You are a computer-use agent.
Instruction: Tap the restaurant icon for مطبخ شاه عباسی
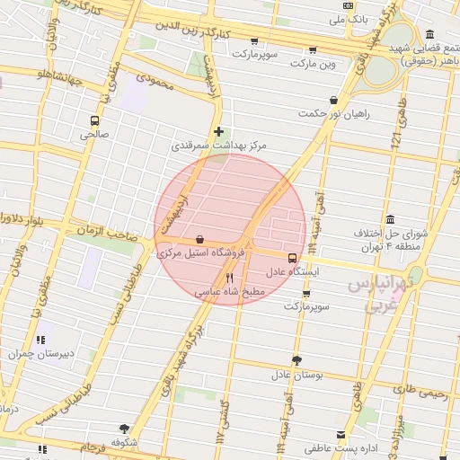click(229, 278)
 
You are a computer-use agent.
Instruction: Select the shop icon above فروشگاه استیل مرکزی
click(198, 240)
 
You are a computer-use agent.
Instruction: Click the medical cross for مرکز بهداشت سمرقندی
click(218, 131)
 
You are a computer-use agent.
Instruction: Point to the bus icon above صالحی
click(94, 120)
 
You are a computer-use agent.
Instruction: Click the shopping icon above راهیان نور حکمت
click(334, 101)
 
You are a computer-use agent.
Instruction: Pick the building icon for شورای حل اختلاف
click(390, 220)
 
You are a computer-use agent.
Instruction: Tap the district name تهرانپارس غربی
click(379, 294)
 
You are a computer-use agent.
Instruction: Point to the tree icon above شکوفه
click(124, 428)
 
